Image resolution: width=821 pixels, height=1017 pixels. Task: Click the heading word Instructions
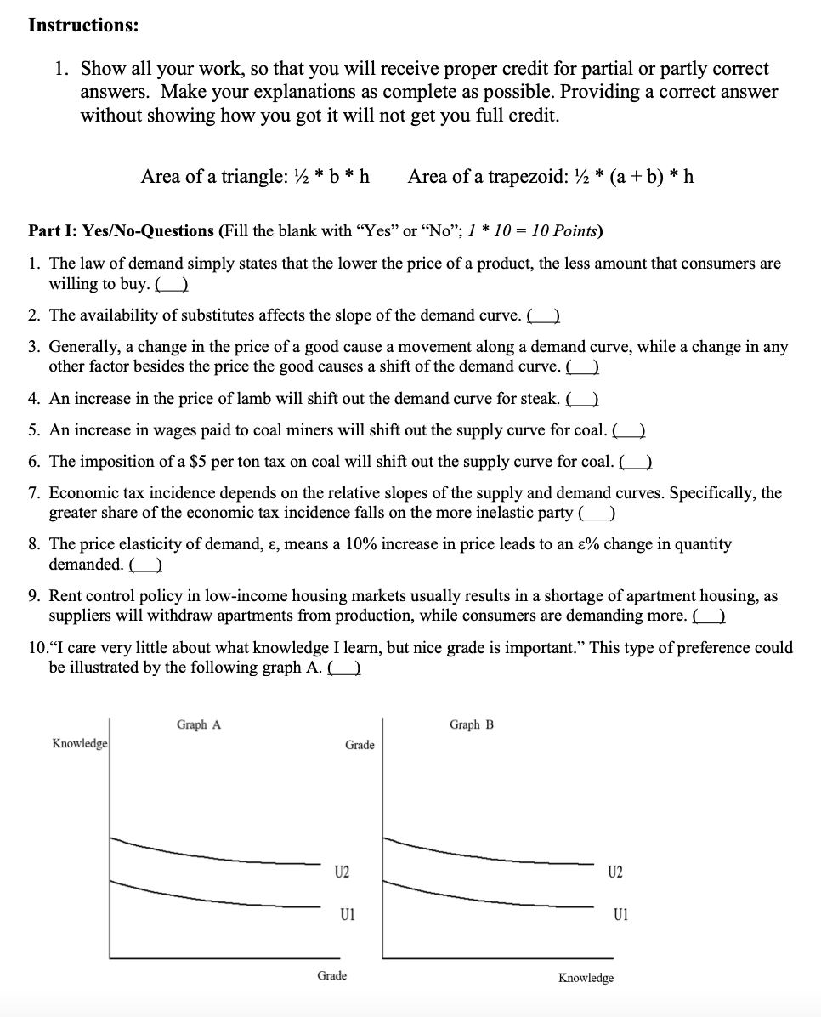(x=82, y=25)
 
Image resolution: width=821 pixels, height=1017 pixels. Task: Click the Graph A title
(x=199, y=724)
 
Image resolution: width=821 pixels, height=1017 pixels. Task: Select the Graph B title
(x=472, y=724)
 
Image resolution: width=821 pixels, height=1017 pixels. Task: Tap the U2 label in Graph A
(x=342, y=872)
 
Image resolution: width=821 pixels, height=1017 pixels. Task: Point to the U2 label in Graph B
(x=615, y=872)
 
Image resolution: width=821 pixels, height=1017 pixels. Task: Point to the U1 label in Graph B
(x=620, y=915)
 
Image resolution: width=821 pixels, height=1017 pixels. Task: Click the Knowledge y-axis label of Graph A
(x=80, y=743)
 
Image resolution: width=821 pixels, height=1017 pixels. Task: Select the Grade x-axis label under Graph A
(x=331, y=975)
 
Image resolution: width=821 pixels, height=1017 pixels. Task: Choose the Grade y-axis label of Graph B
(x=360, y=745)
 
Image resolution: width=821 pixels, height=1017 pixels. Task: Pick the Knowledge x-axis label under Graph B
(x=586, y=978)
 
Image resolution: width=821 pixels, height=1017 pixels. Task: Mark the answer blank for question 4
(x=584, y=399)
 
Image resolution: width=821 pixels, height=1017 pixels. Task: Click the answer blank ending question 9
(x=709, y=616)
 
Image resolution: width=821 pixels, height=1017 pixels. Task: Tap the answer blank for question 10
(x=346, y=668)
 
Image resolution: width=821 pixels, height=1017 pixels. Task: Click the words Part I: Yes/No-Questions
(x=121, y=230)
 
